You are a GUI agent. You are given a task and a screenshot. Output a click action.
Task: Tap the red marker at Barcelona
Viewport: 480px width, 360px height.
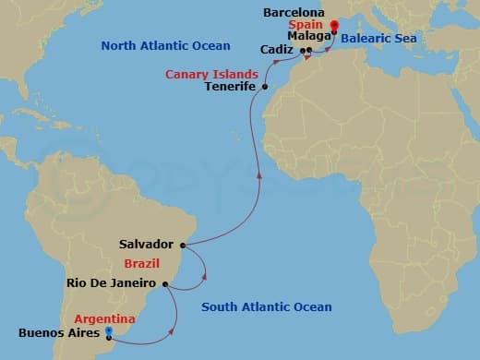(x=333, y=27)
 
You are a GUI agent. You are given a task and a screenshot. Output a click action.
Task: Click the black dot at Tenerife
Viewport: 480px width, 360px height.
(x=265, y=88)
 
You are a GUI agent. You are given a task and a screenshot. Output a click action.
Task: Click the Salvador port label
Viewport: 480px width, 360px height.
(x=146, y=245)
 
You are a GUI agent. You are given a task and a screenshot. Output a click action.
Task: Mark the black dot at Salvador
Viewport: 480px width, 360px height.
(x=183, y=246)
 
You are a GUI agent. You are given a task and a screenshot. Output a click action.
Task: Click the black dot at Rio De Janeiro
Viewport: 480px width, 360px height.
(x=164, y=284)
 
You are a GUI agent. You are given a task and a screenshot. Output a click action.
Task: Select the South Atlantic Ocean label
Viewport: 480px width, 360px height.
(x=267, y=306)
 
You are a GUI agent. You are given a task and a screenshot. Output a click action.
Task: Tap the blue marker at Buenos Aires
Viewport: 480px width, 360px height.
(x=109, y=330)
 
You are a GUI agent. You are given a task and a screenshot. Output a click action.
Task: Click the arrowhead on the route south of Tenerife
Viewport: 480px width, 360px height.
(x=258, y=175)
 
